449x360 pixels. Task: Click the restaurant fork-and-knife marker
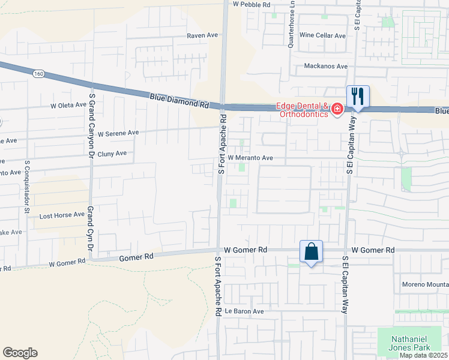358,96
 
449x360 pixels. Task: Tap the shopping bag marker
312,251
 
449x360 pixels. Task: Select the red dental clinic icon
337,109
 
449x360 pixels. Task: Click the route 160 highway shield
39,73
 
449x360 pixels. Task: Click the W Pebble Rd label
252,4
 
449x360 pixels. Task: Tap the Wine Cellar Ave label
323,36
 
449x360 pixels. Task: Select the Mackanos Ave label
326,66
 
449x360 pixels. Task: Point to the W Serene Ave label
118,133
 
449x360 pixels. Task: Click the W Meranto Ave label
250,158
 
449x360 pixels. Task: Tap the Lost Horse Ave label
62,215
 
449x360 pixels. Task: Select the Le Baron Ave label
244,311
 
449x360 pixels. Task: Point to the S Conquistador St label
27,186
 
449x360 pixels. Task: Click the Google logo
20,353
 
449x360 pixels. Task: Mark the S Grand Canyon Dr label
92,116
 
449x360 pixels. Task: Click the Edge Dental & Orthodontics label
303,110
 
